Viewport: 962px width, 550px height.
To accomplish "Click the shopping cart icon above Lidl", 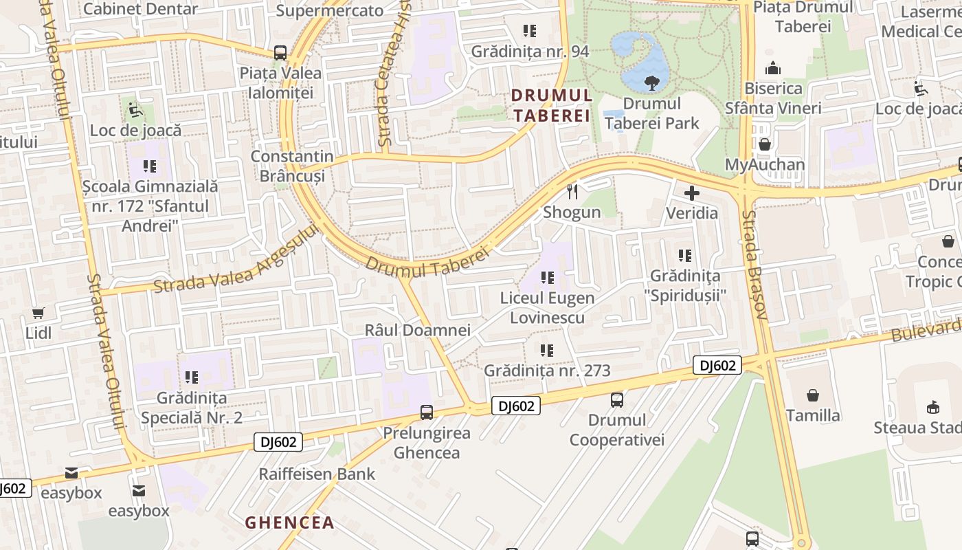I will point(38,313).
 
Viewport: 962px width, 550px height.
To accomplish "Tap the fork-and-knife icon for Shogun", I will point(572,192).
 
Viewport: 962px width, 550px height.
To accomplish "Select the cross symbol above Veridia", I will point(691,193).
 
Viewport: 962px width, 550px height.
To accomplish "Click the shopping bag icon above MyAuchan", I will point(764,144).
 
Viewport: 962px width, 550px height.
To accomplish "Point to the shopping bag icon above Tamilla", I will point(813,395).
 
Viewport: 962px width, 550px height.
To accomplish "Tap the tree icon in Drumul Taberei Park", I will point(650,83).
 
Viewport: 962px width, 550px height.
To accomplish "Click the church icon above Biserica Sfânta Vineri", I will point(773,68).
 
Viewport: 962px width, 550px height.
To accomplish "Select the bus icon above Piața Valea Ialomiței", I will point(280,52).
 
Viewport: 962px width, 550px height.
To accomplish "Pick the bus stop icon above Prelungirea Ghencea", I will point(427,412).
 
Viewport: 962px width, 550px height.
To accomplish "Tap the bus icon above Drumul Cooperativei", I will point(617,399).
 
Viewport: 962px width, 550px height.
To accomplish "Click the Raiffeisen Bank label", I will point(317,474).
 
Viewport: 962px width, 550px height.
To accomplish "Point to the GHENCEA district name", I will point(290,522).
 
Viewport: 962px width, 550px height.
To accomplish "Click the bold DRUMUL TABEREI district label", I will point(551,105).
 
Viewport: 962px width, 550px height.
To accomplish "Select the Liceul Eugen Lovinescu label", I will point(547,308).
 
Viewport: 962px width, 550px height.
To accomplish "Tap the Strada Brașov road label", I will point(753,265).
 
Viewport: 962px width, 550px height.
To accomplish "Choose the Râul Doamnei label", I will point(407,330).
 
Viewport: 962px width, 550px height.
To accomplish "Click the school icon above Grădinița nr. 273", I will point(547,351).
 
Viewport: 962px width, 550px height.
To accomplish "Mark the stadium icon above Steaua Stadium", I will point(932,408).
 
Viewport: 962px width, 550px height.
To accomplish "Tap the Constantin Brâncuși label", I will point(292,166).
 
